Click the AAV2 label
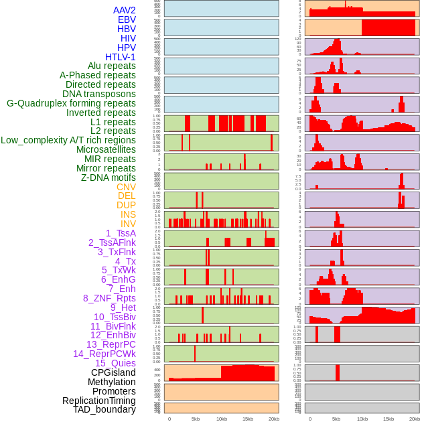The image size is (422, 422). [x=124, y=10]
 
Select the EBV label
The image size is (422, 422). [x=127, y=19]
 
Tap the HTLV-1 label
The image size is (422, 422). [x=120, y=57]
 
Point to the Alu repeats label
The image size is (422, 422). [x=111, y=66]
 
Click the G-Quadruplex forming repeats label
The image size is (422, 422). [x=71, y=103]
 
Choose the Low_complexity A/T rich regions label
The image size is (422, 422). [x=68, y=140]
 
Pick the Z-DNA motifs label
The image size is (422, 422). [x=108, y=178]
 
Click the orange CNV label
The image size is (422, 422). [x=126, y=187]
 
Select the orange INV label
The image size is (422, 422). [x=128, y=224]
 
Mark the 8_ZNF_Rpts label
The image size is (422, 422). [x=109, y=298]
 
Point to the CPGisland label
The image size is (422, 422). [x=113, y=372]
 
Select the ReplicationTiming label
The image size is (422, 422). [x=98, y=401]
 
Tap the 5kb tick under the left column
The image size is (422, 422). [x=196, y=419]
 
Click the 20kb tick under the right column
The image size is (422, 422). [x=415, y=419]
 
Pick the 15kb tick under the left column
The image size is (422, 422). [x=248, y=419]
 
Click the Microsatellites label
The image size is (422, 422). [x=106, y=149]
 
